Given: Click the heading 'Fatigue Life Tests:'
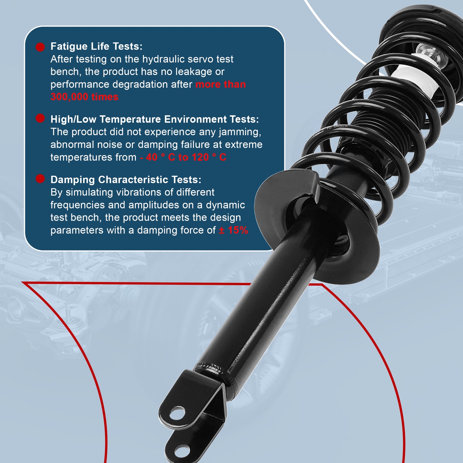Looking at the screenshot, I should point(96,46).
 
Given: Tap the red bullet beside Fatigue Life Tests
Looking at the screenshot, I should point(40,47).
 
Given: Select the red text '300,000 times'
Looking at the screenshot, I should point(84,97).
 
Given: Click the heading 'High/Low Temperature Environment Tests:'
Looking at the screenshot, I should point(154,119).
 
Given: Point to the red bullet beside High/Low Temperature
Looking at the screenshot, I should point(40,119).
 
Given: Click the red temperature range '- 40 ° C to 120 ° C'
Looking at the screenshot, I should point(183,157).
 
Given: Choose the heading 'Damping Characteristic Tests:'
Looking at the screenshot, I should point(126,180).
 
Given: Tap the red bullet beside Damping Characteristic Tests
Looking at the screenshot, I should point(40,179).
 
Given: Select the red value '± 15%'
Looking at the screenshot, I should point(233,230).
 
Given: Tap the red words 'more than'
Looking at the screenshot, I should point(220,85).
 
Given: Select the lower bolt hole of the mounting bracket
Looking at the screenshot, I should point(183,451).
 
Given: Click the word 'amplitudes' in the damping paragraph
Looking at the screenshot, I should point(144,205).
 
